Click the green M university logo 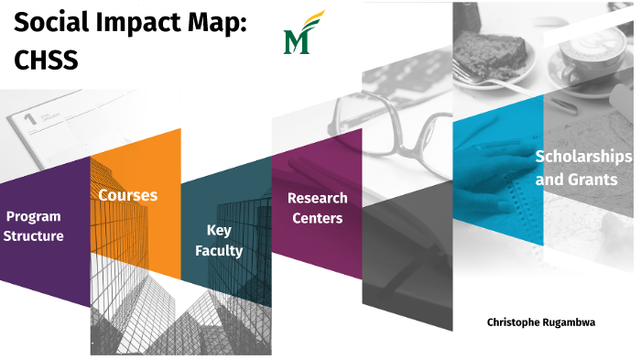tap(299, 36)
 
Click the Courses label tap(128, 195)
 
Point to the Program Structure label tap(34, 226)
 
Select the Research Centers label tap(317, 208)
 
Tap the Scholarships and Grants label tap(582, 168)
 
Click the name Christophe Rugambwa tap(541, 323)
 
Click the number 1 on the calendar tap(29, 117)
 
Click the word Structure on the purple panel tap(34, 236)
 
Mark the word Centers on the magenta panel tap(317, 218)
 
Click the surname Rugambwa tap(568, 323)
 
